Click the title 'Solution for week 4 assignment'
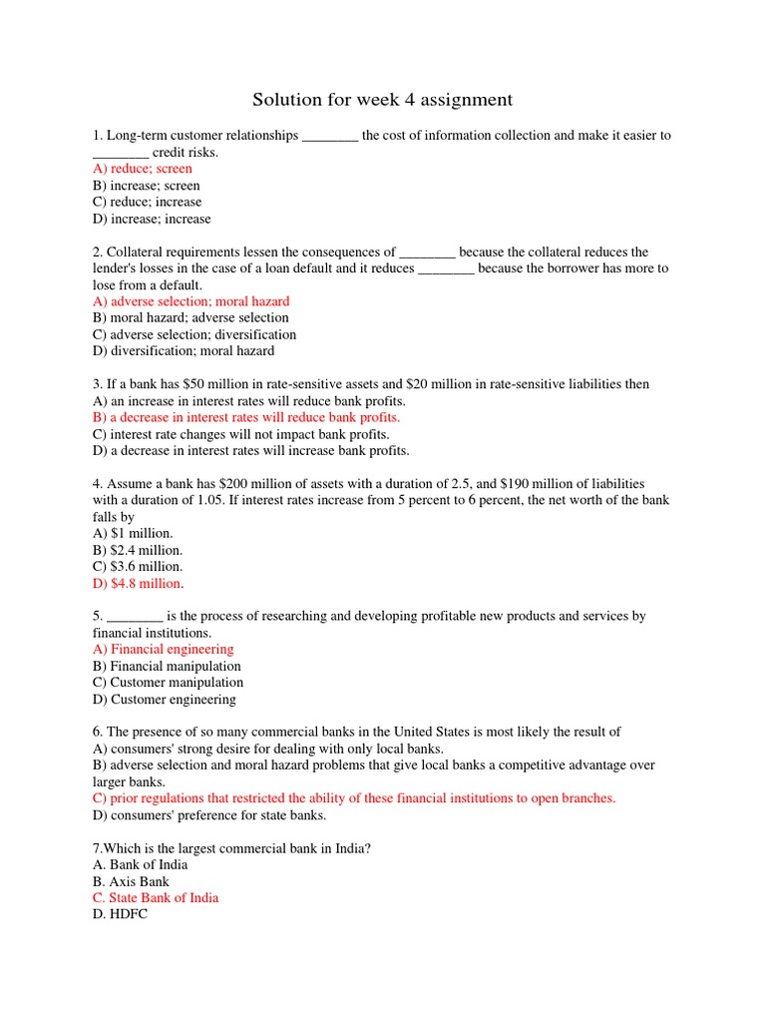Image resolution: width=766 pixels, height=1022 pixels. [x=382, y=100]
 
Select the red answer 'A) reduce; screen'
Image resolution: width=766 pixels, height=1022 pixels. [x=142, y=169]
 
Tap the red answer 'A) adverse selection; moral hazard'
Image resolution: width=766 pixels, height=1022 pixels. [x=191, y=301]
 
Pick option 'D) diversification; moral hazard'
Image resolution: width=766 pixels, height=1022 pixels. [x=183, y=351]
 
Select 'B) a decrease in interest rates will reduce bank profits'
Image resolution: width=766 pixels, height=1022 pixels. [x=245, y=417]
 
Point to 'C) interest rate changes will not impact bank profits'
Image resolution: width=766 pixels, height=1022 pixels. [x=240, y=434]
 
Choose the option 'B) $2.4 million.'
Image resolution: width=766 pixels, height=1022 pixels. [x=138, y=550]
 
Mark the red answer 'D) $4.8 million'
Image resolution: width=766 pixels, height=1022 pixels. [x=137, y=584]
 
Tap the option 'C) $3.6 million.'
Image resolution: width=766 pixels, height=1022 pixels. [x=138, y=567]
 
